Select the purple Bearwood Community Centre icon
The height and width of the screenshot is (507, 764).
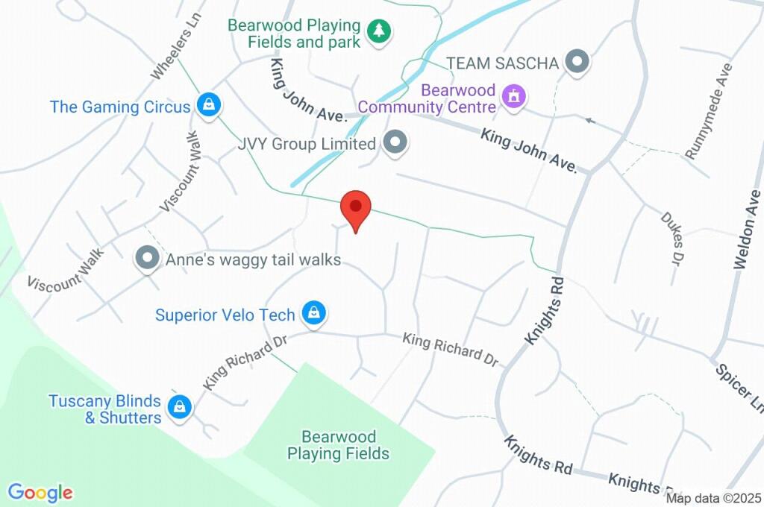(x=514, y=96)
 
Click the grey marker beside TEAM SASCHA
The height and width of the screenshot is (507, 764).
(x=576, y=63)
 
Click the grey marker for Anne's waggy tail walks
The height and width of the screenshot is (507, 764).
(x=148, y=259)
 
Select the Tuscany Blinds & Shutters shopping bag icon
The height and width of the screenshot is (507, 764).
(x=180, y=407)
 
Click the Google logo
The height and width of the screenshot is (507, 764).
(x=40, y=492)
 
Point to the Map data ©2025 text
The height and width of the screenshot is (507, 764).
(x=713, y=498)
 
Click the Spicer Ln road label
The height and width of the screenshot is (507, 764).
(x=739, y=388)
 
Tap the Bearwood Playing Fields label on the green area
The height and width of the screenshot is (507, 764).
(x=339, y=444)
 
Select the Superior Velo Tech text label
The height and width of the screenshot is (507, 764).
(x=225, y=315)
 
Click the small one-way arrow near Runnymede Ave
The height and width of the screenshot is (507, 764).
(x=590, y=119)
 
